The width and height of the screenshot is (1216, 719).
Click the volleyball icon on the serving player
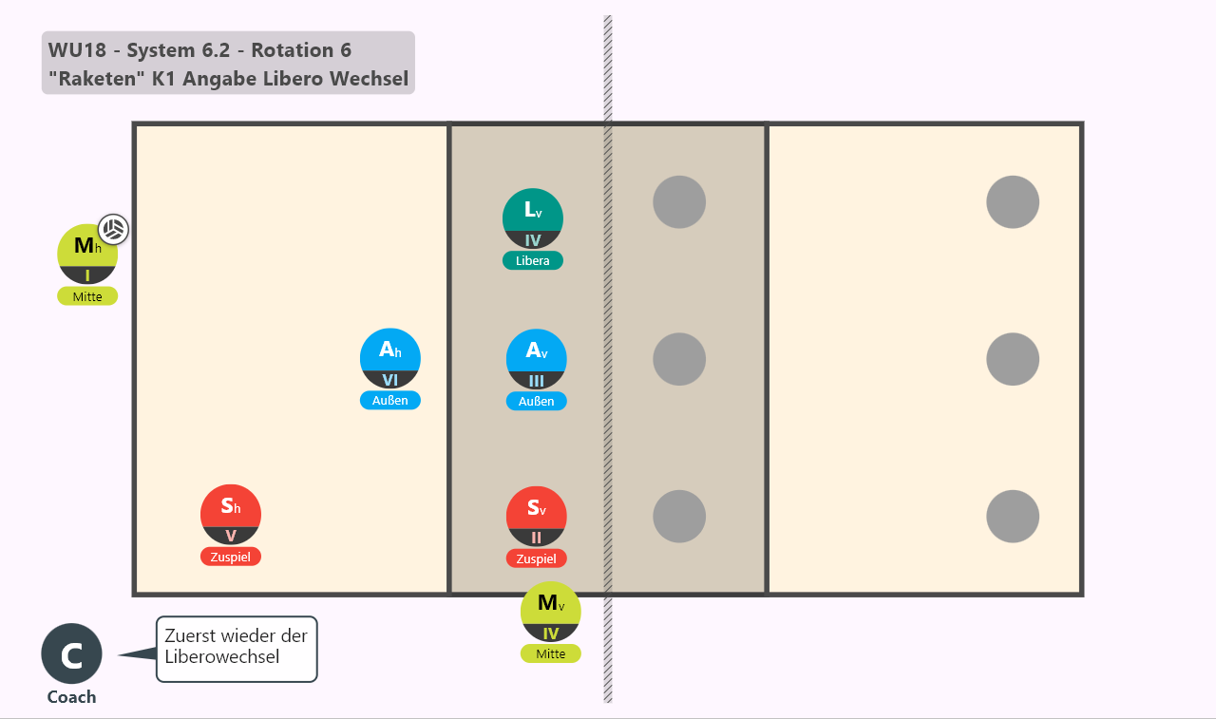pos(113,229)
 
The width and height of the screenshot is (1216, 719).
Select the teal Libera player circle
pos(533,218)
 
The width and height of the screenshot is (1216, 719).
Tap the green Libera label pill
pos(533,261)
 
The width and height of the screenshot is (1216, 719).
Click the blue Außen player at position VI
pos(390,359)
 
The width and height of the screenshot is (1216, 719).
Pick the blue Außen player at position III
pos(537,359)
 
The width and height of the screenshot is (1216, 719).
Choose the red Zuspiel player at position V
pos(231,515)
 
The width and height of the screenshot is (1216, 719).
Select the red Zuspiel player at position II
pos(537,517)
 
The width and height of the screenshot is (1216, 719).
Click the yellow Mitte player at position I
pos(87,254)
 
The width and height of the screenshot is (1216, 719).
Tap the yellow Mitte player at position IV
pos(550,612)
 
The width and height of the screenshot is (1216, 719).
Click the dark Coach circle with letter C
pos(71,653)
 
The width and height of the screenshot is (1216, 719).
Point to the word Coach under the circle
pos(71,697)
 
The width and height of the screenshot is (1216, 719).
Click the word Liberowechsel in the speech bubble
pos(222,657)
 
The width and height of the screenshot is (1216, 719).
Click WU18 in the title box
pos(77,50)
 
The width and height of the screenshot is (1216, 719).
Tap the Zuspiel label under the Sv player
pos(537,558)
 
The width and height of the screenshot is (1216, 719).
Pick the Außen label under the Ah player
pos(390,401)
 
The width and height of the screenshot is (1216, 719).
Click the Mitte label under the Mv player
pos(550,653)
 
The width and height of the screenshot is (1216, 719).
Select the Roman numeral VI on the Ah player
pos(390,380)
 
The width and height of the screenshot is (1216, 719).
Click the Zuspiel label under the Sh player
pos(231,558)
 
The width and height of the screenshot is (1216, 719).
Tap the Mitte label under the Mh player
pos(87,297)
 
